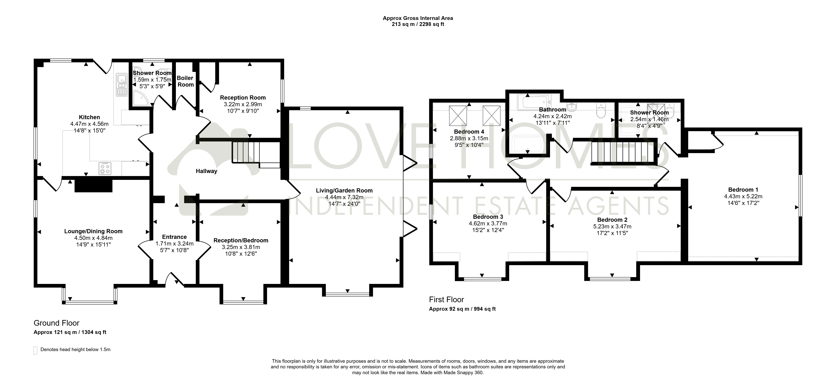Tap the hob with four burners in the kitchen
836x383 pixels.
(x=105, y=168)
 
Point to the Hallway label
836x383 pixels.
(x=206, y=171)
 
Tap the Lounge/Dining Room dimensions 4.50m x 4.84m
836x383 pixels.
(x=93, y=238)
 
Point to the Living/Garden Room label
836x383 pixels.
(x=344, y=191)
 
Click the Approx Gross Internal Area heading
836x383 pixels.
(x=418, y=18)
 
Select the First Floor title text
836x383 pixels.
(x=447, y=300)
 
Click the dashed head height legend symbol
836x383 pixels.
(x=35, y=350)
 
